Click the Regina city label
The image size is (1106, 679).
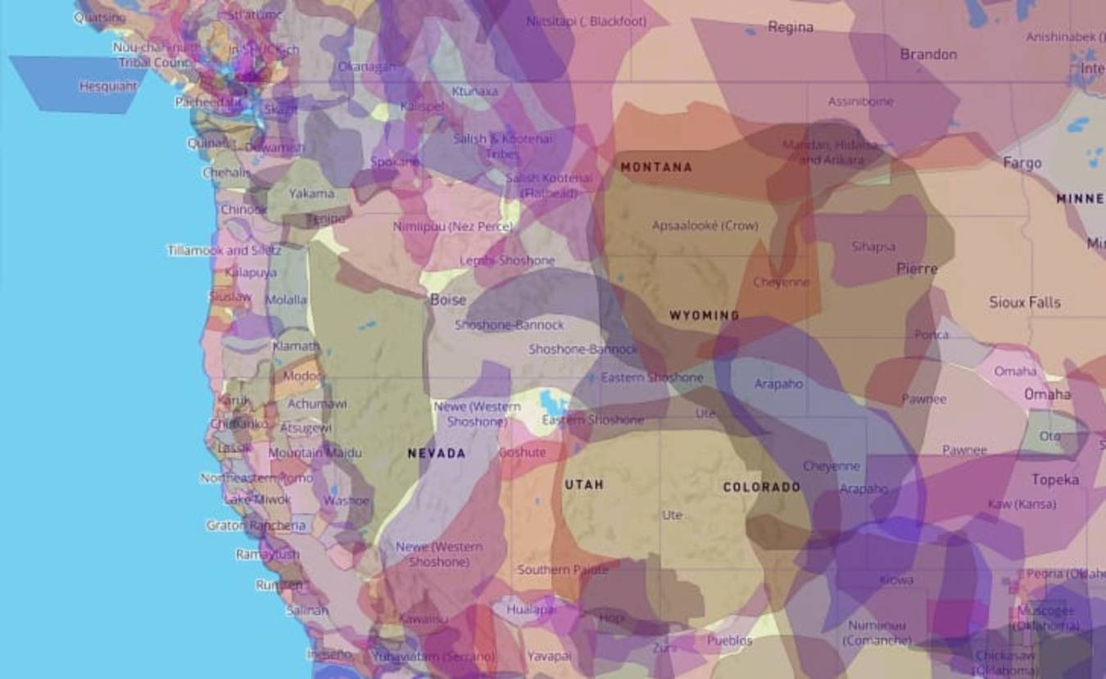[791, 27]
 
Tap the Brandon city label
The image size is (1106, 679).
[928, 54]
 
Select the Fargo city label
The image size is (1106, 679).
[1022, 163]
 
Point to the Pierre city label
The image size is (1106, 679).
[917, 269]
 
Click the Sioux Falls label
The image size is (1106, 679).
[1024, 302]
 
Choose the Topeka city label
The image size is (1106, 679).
[1055, 479]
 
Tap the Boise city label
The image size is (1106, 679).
[448, 300]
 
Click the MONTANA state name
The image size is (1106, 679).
[656, 167]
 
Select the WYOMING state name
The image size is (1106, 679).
[704, 315]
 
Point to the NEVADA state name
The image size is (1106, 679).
[437, 453]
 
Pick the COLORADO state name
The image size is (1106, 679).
[761, 487]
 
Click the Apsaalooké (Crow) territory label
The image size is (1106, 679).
[705, 225]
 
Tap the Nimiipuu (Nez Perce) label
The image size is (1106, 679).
[452, 226]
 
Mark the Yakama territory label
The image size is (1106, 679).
[311, 193]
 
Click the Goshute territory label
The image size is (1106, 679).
[522, 452]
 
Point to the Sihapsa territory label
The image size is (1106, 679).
[873, 247]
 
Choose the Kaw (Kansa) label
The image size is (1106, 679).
[1021, 504]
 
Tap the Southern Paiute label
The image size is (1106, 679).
[563, 569]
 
